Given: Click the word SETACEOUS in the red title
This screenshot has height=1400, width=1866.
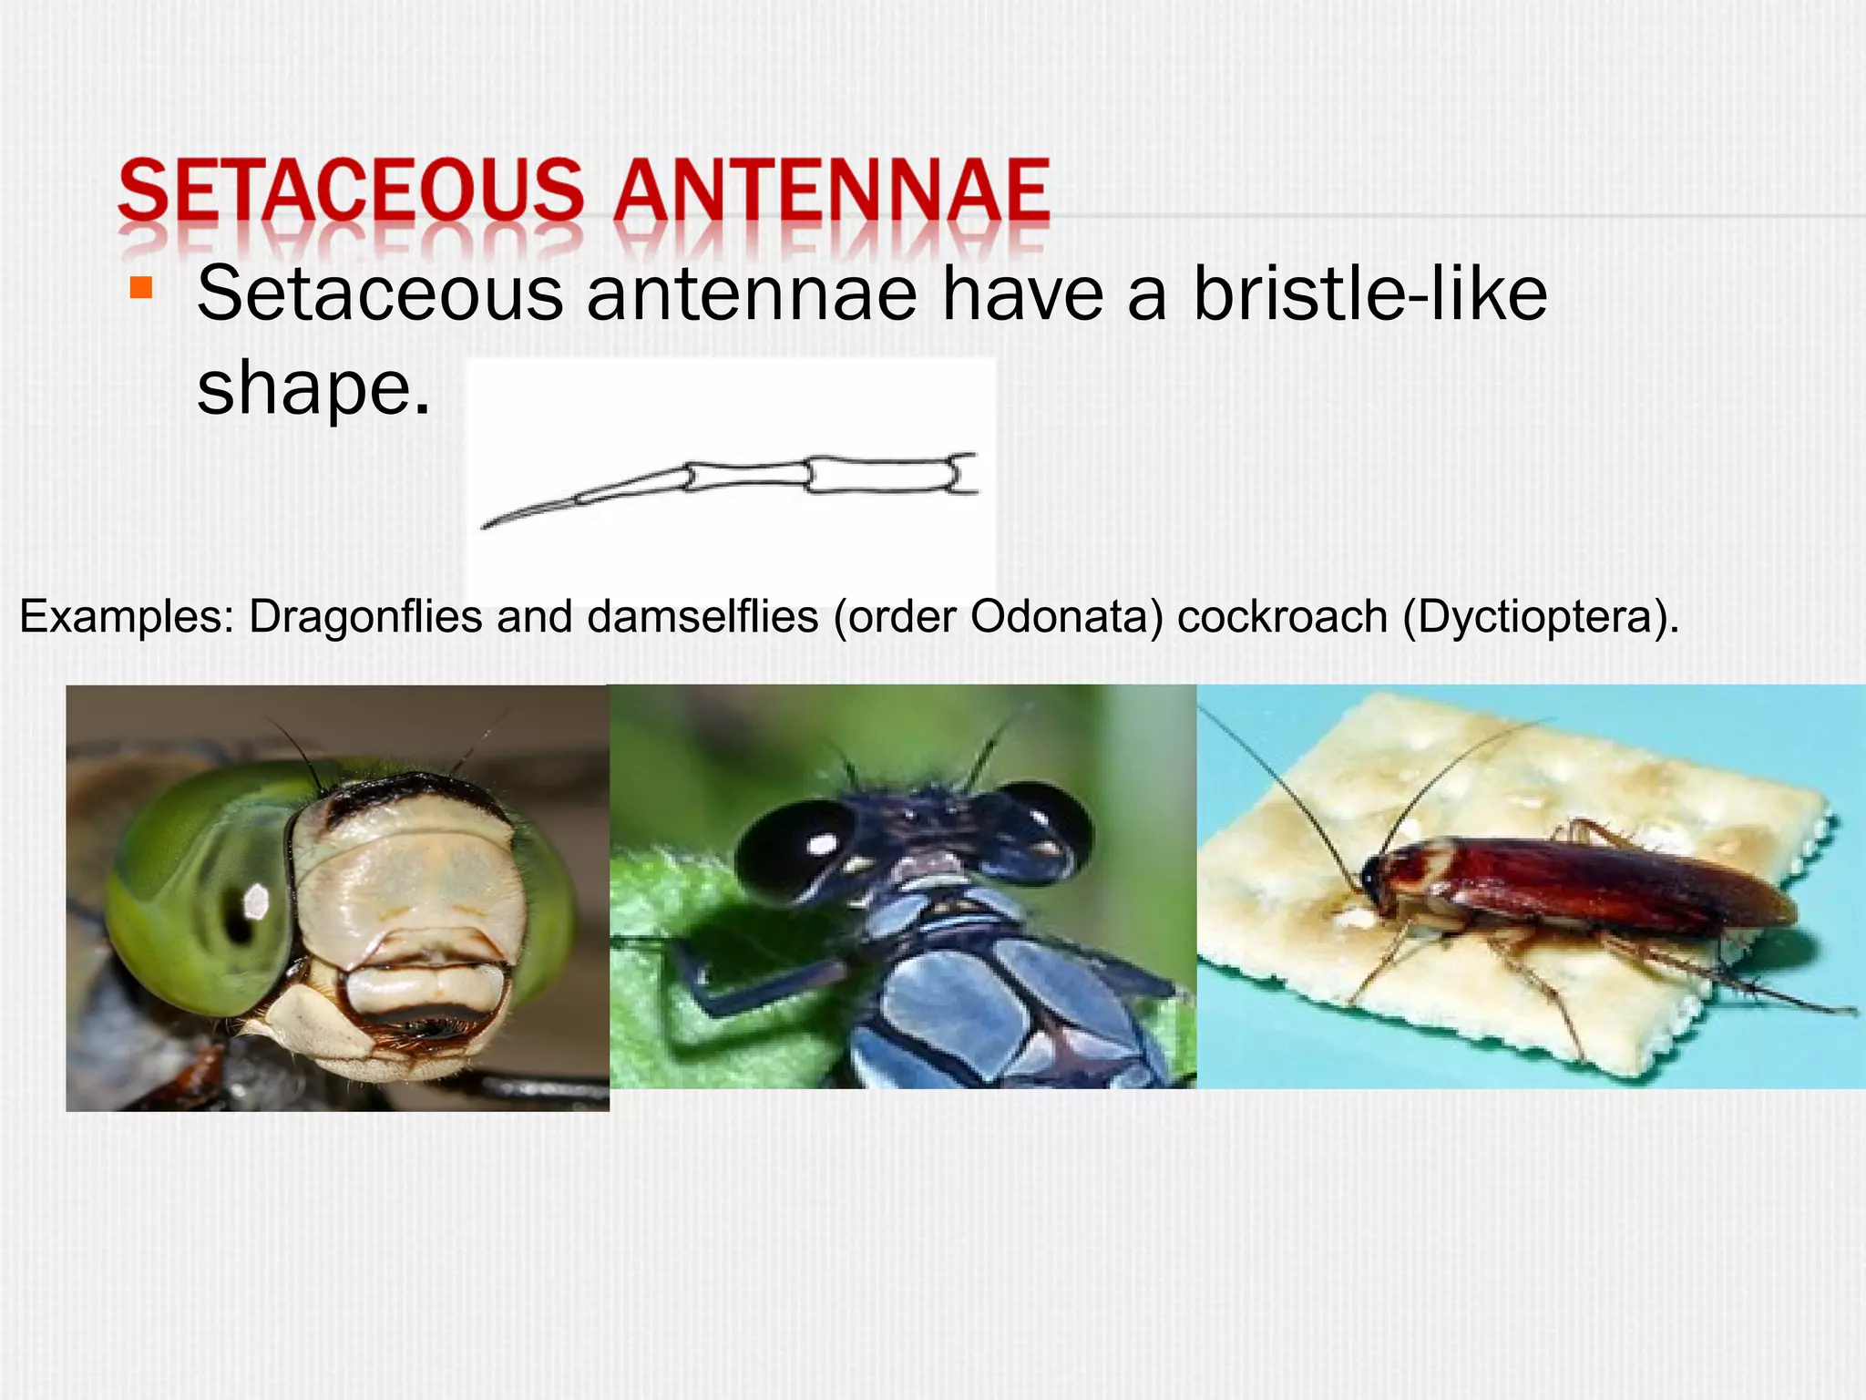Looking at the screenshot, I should coord(350,191).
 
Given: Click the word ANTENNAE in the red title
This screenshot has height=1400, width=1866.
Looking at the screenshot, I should coord(831,191).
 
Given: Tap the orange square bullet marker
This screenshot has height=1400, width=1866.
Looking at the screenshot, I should coord(140,289).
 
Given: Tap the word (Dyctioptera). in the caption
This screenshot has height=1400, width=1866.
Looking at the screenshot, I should coord(1540,617).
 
